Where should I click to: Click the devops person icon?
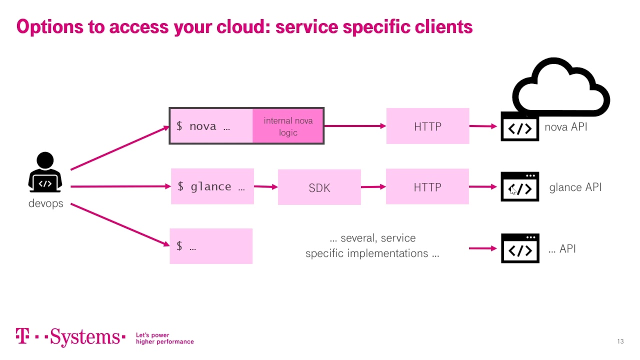[x=45, y=172]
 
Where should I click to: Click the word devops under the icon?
[x=45, y=203]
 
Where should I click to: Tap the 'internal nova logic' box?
[x=288, y=126]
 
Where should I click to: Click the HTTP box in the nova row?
[x=427, y=126]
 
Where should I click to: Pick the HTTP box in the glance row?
[x=427, y=187]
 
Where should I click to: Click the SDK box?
[x=319, y=187]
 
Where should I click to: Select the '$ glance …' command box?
[x=212, y=186]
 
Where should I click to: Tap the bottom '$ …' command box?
[x=211, y=246]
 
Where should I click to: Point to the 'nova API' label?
[x=565, y=127]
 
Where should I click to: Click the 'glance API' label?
[x=575, y=187]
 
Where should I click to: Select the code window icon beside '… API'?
[x=520, y=248]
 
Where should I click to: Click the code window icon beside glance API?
[x=520, y=187]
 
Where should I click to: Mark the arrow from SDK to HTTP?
[x=373, y=187]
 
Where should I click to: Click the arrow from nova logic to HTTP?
[x=355, y=126]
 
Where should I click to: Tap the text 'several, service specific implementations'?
[x=372, y=245]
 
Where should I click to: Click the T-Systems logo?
[x=70, y=337]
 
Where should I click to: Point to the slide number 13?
[x=620, y=341]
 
